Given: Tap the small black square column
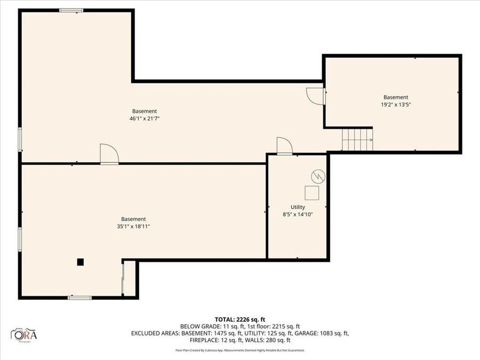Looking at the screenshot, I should click(x=80, y=261).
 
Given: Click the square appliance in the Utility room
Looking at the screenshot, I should click(x=311, y=192).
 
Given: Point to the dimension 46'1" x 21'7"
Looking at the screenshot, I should click(x=145, y=118).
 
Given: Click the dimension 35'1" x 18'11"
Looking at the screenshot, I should click(x=133, y=226).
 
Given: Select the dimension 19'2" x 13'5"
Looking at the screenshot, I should click(x=396, y=105).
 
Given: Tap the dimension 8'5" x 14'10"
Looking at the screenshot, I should click(x=298, y=214).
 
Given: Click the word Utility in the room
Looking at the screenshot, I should click(x=298, y=207).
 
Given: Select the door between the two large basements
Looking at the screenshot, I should click(x=109, y=154).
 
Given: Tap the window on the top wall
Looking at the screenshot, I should click(x=71, y=10).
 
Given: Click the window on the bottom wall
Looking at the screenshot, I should click(x=79, y=297).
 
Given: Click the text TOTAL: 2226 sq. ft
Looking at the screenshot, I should click(x=240, y=319).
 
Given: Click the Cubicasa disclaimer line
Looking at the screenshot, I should click(x=240, y=350).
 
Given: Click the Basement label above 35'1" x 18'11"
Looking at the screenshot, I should click(x=133, y=219).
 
